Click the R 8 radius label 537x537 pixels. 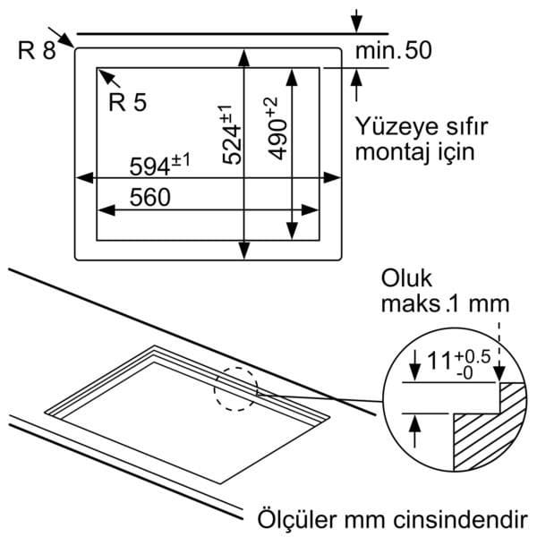[37, 50]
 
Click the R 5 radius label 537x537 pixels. [127, 102]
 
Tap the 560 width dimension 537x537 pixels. [150, 197]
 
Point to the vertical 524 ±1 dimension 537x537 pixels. [232, 135]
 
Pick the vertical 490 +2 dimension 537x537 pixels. [277, 129]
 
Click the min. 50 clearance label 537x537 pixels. [394, 50]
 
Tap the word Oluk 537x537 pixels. [406, 278]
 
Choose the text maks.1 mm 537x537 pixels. [445, 303]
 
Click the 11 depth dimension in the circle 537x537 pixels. [439, 361]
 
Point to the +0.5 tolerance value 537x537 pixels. [473, 357]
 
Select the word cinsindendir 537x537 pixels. [461, 519]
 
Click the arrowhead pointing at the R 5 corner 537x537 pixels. [106, 76]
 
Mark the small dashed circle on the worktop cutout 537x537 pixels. [236, 389]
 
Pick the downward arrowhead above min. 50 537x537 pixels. [356, 24]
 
